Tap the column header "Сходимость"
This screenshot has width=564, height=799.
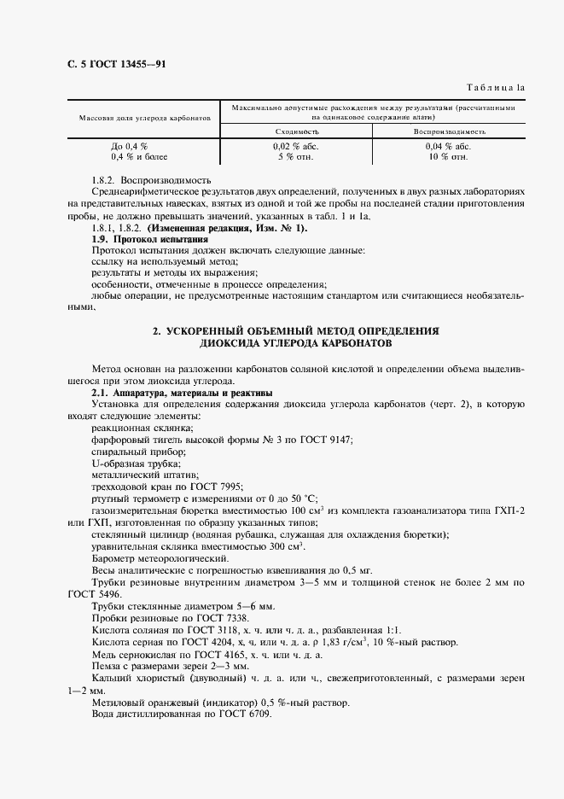(297, 132)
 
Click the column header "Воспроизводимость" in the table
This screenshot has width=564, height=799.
(450, 132)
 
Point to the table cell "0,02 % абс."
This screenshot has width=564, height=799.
(297, 146)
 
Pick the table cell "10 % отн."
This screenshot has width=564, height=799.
(449, 157)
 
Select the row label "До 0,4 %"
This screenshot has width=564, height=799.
(130, 146)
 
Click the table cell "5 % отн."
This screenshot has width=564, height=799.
(296, 157)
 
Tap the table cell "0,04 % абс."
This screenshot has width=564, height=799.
(449, 146)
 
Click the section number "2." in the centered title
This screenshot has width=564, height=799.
(157, 330)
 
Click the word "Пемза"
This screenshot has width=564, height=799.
(106, 665)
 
